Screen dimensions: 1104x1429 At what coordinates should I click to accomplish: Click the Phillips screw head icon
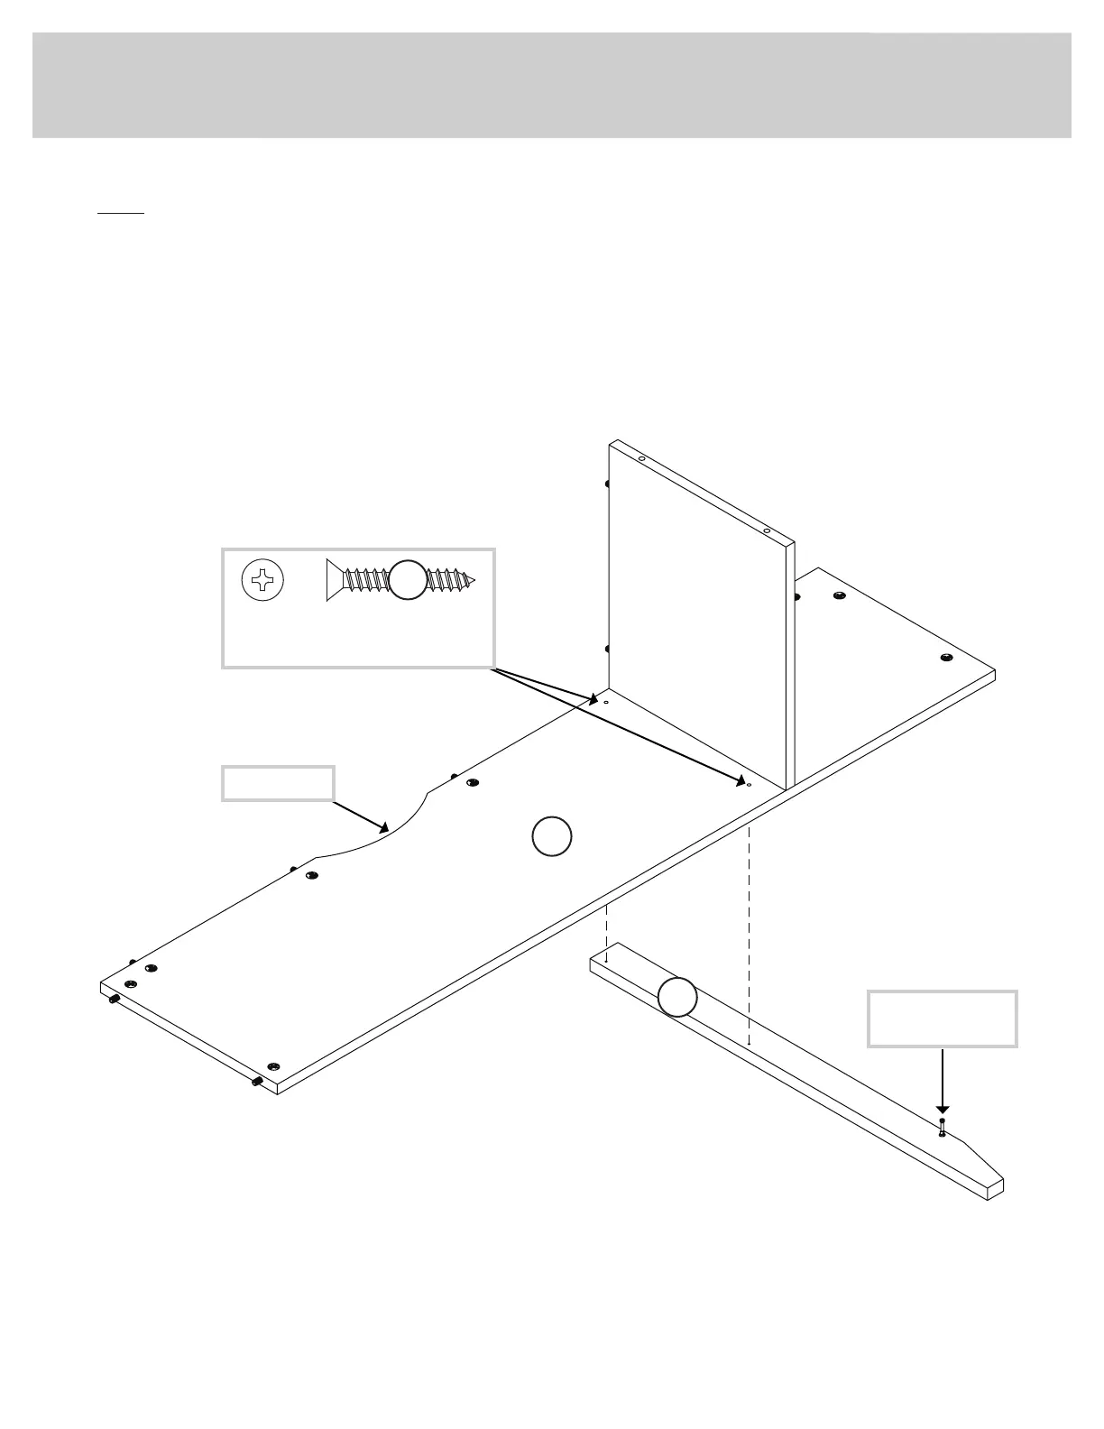coord(262,580)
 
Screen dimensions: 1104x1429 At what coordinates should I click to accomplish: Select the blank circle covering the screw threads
coord(408,579)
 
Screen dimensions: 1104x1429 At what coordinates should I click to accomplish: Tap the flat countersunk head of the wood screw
coord(331,579)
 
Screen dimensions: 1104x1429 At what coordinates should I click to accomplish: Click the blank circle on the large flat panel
coord(551,836)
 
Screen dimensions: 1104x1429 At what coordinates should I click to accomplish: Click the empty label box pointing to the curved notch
coord(279,783)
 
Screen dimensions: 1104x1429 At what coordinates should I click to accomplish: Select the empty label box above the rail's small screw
coord(943,1019)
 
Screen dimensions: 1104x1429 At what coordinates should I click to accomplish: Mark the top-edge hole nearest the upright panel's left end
coord(641,459)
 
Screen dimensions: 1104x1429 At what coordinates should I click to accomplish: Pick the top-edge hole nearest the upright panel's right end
coord(765,531)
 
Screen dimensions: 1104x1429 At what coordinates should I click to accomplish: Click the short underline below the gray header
coord(121,214)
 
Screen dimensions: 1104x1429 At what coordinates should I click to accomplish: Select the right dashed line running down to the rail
coord(750,929)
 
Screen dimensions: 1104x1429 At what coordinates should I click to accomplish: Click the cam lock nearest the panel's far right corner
coord(945,658)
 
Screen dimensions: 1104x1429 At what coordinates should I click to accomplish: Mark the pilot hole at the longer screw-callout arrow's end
coord(749,785)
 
